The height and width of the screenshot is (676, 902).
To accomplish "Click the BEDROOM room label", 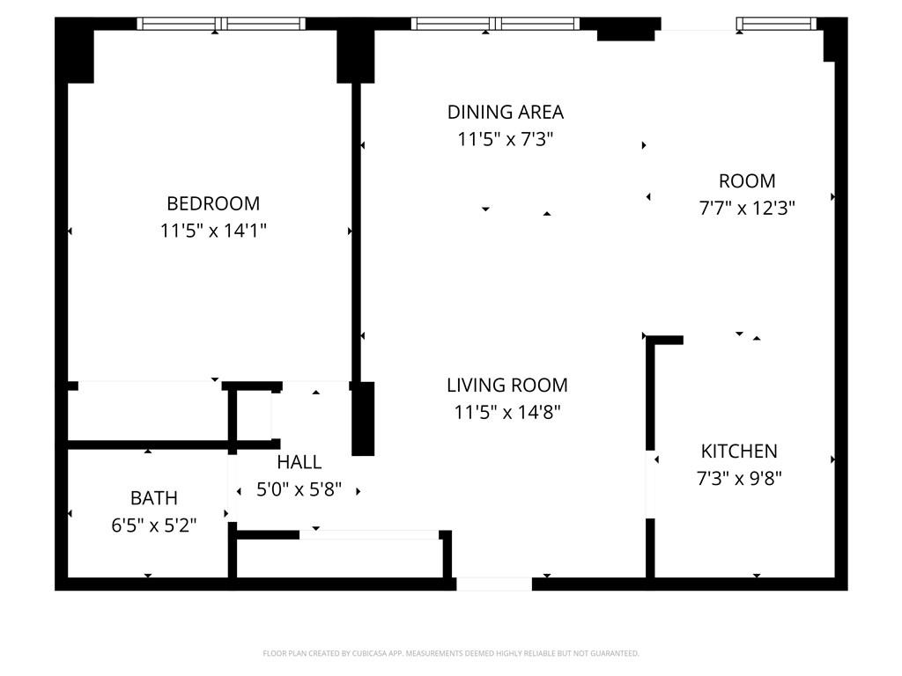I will [x=213, y=203].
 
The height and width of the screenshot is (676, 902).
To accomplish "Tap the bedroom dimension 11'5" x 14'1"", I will [x=213, y=231].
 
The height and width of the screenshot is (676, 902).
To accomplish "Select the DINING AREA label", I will [x=505, y=112].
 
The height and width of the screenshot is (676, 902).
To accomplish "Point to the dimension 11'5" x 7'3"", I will [x=505, y=139].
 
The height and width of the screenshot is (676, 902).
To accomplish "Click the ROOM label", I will [x=747, y=181].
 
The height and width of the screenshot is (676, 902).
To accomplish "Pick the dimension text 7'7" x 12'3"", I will [x=747, y=209].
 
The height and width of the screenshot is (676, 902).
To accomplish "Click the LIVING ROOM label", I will [x=506, y=385].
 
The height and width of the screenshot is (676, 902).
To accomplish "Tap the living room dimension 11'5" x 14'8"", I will [x=506, y=412].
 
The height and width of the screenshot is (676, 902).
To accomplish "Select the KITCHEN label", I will [x=739, y=452].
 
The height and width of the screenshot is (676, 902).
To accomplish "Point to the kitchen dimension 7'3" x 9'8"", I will [x=739, y=479].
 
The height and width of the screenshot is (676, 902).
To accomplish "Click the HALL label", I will [x=299, y=462].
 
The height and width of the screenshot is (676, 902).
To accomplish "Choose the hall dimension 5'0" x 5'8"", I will [x=299, y=489].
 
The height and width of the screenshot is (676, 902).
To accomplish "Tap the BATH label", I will [x=154, y=498].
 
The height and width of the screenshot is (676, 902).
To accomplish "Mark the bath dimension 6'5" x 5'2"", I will [x=154, y=525].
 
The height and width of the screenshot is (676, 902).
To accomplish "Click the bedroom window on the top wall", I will [x=221, y=24].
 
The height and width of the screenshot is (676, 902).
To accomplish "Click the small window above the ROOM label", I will [x=776, y=24].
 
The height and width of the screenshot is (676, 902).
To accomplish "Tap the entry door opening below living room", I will [x=494, y=584].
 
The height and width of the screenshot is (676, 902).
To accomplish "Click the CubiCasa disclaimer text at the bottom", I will [x=451, y=653].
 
